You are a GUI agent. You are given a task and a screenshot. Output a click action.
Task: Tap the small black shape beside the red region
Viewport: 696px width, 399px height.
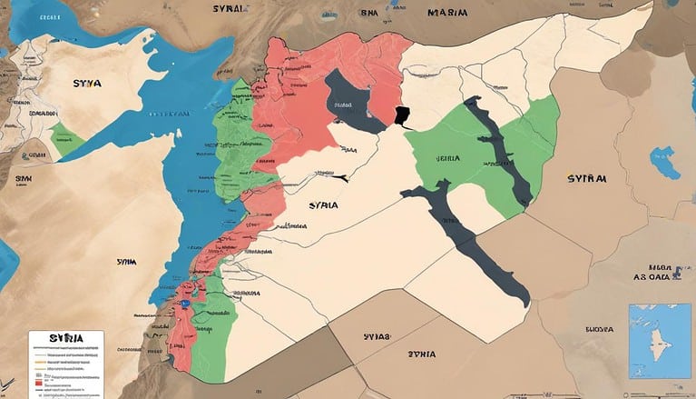point(401,116)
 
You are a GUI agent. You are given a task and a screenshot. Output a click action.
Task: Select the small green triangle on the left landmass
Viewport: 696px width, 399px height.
point(66,136)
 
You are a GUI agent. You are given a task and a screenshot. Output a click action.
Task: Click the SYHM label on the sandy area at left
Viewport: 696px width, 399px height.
point(127,261)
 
